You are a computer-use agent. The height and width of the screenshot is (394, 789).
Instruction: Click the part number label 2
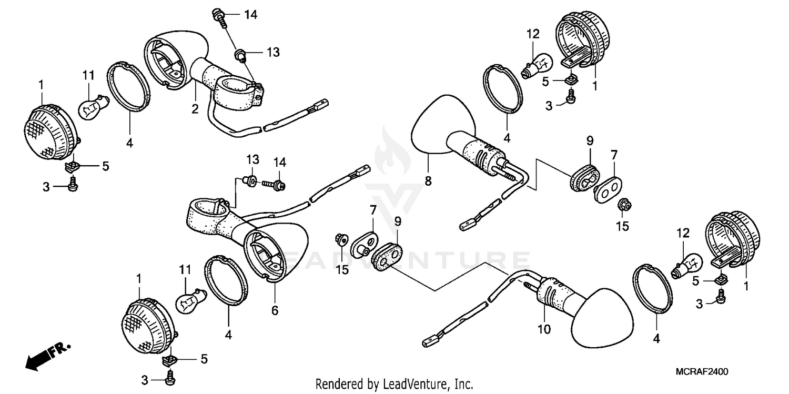click(195, 109)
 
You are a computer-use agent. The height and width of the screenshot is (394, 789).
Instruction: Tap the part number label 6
click(275, 311)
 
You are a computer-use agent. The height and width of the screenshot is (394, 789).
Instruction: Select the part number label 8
click(428, 181)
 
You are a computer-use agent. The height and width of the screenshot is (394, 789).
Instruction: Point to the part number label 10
click(544, 330)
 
